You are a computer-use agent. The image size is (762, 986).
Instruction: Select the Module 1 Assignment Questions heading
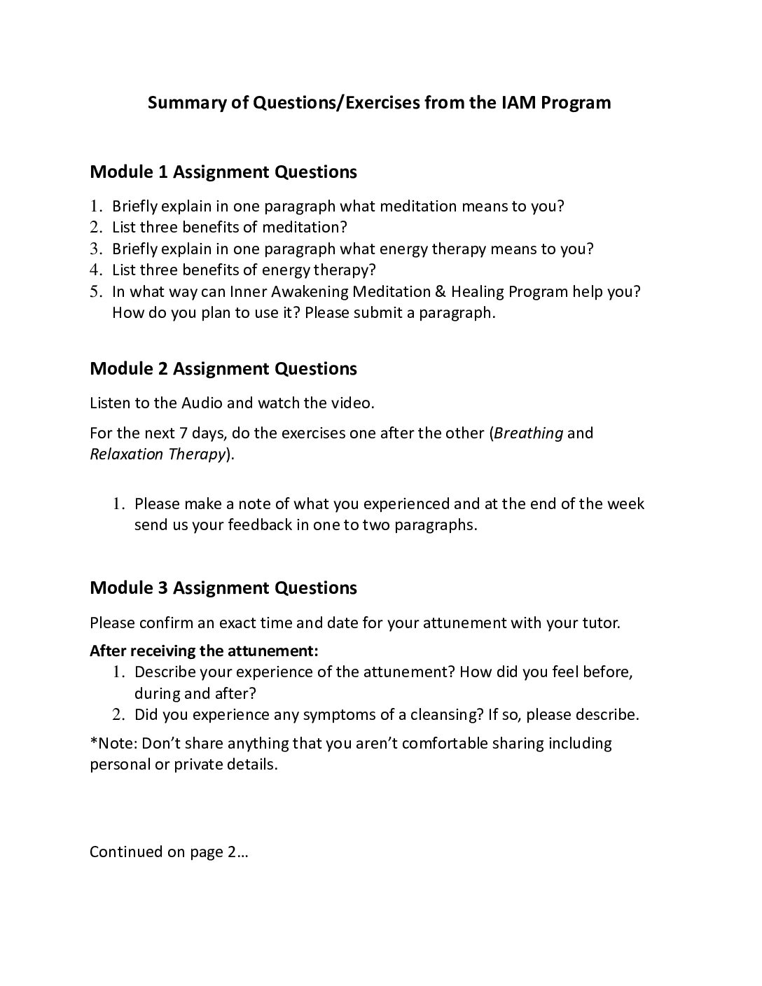[223, 172]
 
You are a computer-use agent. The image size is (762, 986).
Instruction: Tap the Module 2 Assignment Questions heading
[223, 368]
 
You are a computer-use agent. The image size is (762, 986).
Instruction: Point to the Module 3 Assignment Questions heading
[223, 588]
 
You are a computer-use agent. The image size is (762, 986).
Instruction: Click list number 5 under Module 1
[97, 291]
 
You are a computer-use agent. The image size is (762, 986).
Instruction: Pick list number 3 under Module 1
[97, 249]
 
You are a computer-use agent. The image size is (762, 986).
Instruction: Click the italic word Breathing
[528, 433]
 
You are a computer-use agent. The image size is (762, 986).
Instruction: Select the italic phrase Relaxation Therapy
[158, 454]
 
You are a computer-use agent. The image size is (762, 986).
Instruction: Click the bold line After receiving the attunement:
[204, 651]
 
